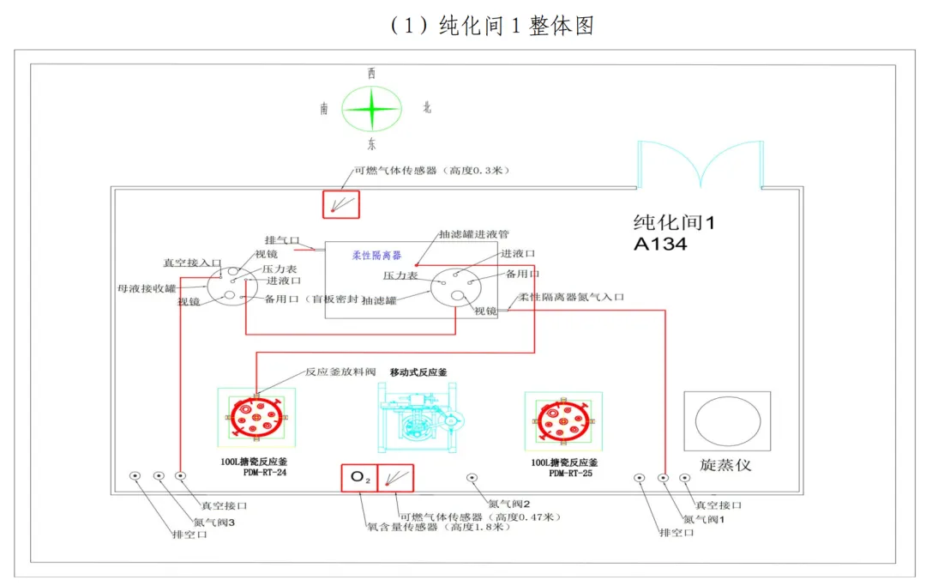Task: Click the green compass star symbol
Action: coord(371,109)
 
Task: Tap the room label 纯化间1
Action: coord(673,222)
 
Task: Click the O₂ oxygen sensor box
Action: coord(358,479)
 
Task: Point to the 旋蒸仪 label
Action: coord(725,464)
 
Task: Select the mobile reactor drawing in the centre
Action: coord(419,419)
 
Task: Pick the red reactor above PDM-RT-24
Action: coord(256,418)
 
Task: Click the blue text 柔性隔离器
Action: coord(376,255)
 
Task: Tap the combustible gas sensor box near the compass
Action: coord(340,204)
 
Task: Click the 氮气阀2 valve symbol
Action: coord(471,478)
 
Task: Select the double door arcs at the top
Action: coord(700,164)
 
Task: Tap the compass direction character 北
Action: coord(427,108)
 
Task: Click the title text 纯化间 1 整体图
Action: coord(491,26)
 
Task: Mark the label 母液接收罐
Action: coord(147,287)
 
